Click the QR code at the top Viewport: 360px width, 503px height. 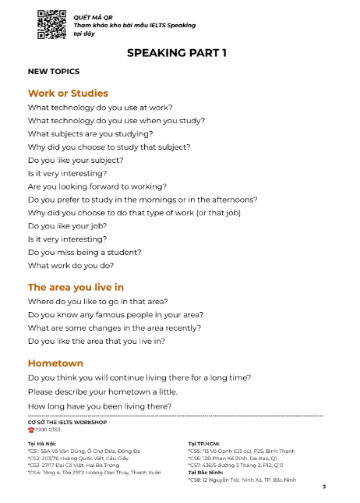(51, 25)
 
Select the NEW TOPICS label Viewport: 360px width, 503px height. (53, 72)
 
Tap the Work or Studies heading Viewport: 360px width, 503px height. (68, 93)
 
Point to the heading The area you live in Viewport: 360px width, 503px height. (76, 287)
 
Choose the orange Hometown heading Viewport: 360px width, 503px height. (55, 363)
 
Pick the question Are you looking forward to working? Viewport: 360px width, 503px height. (97, 186)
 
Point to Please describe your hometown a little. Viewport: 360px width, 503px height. (102, 391)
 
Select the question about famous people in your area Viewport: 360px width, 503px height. (115, 314)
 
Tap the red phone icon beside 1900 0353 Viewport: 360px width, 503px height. (30, 430)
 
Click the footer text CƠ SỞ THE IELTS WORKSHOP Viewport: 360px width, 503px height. (67, 422)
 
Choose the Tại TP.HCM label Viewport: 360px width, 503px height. (203, 444)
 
